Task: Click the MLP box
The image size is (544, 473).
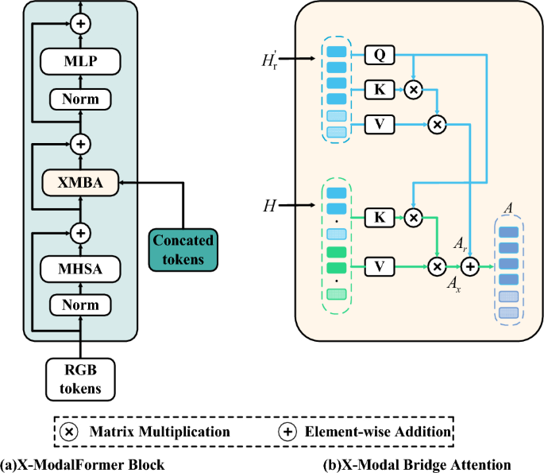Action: point(79,60)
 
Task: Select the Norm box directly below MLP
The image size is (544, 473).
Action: point(79,99)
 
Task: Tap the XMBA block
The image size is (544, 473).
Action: point(79,182)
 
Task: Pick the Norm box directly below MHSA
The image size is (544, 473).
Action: point(79,304)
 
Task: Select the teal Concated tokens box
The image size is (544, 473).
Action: point(184,249)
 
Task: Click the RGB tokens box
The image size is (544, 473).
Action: point(79,377)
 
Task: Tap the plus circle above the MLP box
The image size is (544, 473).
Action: point(79,24)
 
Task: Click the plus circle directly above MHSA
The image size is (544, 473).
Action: point(79,232)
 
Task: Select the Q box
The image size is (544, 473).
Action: point(379,55)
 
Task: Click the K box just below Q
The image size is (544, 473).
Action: point(379,89)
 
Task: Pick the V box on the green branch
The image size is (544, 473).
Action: point(379,266)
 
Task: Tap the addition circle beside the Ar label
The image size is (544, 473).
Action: point(470,266)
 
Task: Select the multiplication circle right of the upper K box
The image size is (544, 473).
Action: point(412,89)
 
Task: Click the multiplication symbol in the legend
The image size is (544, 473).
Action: point(71,432)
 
